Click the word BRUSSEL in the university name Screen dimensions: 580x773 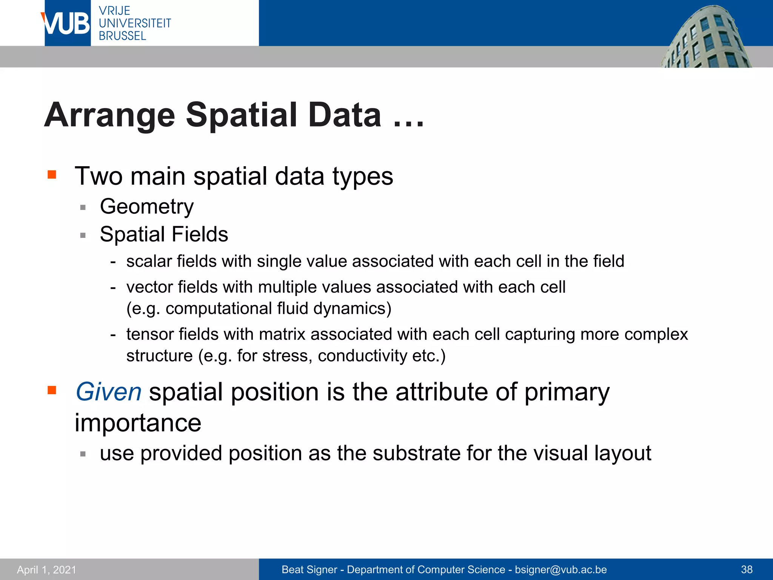click(122, 36)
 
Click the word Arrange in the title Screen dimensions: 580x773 click(109, 115)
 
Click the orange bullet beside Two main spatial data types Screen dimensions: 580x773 click(52, 174)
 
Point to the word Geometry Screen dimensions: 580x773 click(146, 207)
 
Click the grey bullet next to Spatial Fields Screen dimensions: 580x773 click(83, 235)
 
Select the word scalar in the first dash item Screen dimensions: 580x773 click(149, 261)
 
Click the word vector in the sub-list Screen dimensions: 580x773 click(149, 287)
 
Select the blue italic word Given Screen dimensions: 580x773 click(108, 392)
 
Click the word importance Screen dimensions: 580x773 click(138, 423)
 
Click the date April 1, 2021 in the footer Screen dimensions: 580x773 click(46, 569)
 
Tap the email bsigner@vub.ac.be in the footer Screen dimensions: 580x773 click(561, 569)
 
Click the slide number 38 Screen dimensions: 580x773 click(747, 569)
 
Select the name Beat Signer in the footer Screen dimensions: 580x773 click(309, 569)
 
